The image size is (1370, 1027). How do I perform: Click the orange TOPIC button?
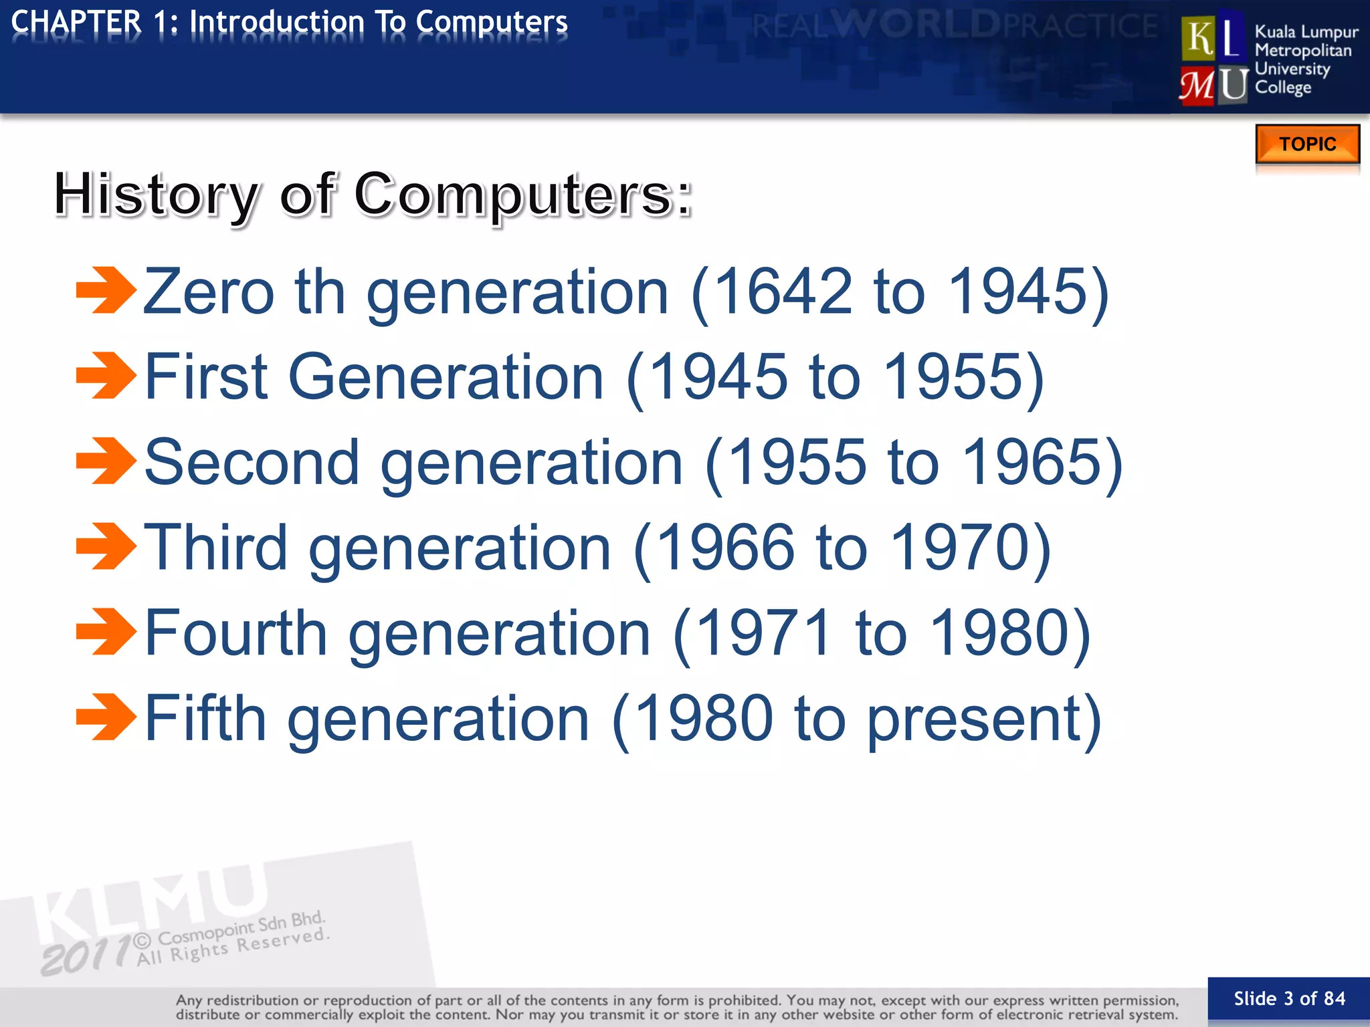[1307, 144]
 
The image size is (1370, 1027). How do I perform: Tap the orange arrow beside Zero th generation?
[106, 290]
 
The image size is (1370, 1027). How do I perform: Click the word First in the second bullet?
[207, 377]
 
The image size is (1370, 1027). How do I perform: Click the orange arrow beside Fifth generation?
[106, 717]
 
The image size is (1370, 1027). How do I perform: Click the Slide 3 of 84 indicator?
[1288, 999]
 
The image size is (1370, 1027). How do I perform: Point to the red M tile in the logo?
[1197, 86]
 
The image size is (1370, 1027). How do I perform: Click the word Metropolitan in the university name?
[1302, 51]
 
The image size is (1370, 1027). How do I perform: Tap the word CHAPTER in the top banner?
[76, 22]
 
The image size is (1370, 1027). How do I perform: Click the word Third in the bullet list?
[215, 548]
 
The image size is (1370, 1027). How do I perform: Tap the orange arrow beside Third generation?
[106, 546]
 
